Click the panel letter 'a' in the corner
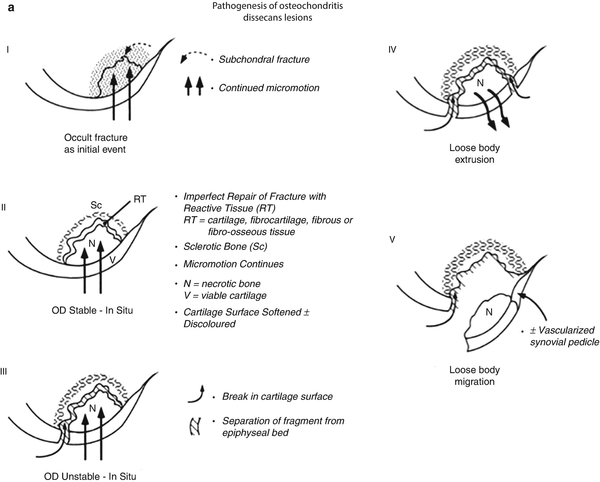(x=11, y=7)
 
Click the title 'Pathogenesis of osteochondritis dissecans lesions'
(x=277, y=12)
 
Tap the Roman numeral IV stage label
(x=392, y=49)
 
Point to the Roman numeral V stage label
(x=392, y=240)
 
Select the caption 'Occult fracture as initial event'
(x=95, y=144)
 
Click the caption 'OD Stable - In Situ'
(x=92, y=310)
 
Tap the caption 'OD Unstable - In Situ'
(x=90, y=476)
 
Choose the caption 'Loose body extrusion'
(x=474, y=154)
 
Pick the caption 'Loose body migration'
(x=474, y=376)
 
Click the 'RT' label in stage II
(x=140, y=199)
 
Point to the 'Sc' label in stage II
(x=96, y=205)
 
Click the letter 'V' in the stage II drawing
(x=112, y=260)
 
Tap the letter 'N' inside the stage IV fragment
(x=480, y=83)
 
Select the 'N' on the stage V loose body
(x=489, y=312)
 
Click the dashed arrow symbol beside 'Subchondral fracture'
(x=194, y=57)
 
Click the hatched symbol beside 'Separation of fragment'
(x=195, y=426)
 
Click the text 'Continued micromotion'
(x=269, y=88)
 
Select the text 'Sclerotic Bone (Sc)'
(x=225, y=247)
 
